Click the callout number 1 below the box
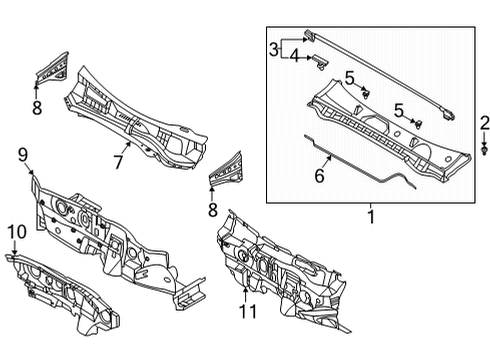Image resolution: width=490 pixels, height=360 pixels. (x=371, y=217)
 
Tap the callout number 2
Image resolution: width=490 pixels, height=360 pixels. (x=484, y=123)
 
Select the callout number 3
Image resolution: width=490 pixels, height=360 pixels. (x=274, y=50)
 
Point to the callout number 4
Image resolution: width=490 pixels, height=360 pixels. (x=295, y=56)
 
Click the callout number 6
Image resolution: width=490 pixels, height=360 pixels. (x=319, y=175)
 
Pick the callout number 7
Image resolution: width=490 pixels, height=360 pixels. (x=118, y=162)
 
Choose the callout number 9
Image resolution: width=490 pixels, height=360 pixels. (x=23, y=155)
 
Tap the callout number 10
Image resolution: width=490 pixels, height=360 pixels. (x=17, y=232)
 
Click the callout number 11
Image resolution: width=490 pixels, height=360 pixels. (x=248, y=312)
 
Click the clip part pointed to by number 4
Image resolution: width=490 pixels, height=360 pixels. (x=320, y=63)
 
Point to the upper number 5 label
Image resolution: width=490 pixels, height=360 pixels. (x=349, y=78)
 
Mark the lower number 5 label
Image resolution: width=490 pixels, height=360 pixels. (x=399, y=110)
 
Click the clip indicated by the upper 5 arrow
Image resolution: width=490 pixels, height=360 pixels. (x=366, y=93)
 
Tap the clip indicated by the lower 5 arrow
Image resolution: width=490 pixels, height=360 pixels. (x=417, y=124)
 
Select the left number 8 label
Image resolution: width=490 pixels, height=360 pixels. (x=37, y=108)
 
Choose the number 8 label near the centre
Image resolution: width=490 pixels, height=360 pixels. (x=212, y=210)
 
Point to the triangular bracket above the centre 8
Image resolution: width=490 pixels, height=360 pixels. (x=225, y=169)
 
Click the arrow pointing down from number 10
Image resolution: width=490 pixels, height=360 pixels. (x=14, y=247)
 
